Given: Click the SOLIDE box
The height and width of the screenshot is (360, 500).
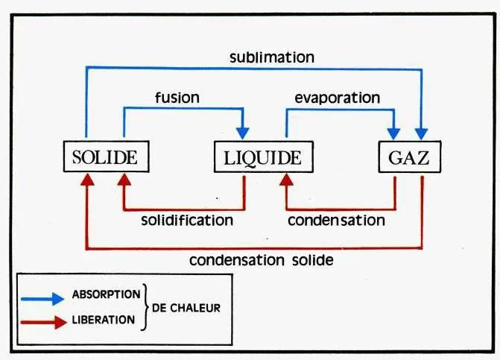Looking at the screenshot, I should coord(104,157).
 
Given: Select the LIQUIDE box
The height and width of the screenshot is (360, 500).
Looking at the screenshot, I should coord(262,157).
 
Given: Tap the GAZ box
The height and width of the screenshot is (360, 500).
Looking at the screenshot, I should coord(409,157).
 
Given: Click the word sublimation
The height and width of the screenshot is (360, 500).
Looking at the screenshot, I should coord(272,57).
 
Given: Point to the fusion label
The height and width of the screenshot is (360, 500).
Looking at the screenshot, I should coord(176,97).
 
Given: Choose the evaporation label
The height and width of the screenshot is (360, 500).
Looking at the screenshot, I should coord(337,98).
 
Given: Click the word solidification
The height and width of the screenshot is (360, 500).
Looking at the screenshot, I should coord(187,220).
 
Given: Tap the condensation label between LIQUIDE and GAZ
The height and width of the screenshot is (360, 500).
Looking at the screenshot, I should coord(336,220).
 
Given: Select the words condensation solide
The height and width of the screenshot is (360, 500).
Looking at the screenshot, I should coord(261,260).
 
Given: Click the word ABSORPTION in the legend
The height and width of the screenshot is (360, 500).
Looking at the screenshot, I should coord(105,294).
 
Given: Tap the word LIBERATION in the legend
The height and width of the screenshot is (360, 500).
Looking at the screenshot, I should coord(104,320).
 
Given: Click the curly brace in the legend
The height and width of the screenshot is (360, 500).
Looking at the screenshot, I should coord(145,307).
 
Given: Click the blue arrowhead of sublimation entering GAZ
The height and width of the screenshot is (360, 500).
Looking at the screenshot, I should coord(423,134).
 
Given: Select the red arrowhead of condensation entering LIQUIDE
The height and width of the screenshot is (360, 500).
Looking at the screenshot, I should coord(285,180).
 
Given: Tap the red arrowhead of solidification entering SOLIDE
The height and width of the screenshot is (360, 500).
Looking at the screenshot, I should coord(123,180).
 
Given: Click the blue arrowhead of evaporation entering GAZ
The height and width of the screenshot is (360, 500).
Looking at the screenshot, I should coord(394,134).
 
